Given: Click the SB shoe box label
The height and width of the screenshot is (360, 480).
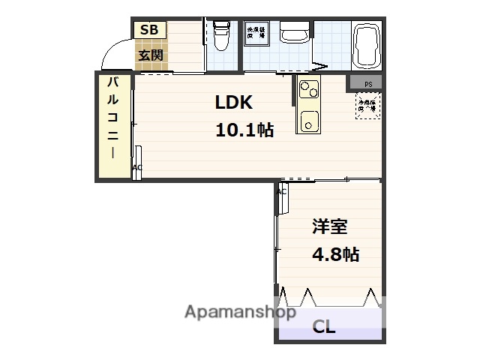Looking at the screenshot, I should [148, 30].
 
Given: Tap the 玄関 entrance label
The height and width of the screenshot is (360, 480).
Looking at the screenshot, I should [148, 55].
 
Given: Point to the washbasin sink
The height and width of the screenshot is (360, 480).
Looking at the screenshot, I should [294, 34].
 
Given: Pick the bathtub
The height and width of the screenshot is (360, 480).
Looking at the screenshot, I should [367, 44].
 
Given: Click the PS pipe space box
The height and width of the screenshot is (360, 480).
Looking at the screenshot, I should [368, 83].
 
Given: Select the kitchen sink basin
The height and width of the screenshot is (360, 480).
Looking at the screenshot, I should [307, 119].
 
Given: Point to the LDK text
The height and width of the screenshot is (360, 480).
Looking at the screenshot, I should [234, 103].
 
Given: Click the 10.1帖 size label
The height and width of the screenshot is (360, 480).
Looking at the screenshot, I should [244, 130].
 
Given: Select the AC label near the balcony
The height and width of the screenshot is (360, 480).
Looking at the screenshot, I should [137, 168].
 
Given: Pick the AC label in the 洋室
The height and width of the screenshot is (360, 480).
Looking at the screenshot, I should [282, 191].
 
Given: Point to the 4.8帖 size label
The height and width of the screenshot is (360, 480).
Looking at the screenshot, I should [334, 254].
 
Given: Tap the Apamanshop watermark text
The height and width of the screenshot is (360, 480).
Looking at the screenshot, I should [240, 313].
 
